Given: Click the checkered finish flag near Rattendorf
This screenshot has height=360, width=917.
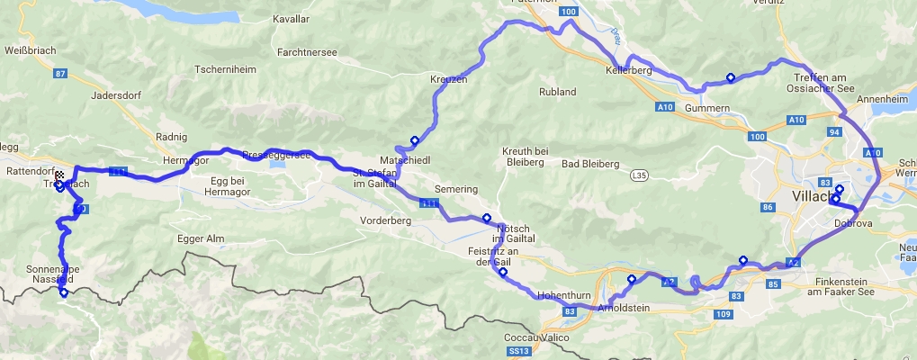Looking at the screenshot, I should (59, 175).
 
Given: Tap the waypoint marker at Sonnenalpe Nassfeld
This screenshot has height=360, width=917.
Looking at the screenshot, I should (63, 292).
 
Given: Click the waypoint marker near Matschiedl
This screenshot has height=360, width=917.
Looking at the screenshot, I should (415, 140).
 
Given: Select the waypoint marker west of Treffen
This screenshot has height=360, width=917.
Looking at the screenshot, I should (730, 77).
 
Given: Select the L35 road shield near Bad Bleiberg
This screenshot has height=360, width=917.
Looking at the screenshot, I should (639, 174).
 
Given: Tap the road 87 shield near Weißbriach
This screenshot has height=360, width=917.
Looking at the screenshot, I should (61, 74).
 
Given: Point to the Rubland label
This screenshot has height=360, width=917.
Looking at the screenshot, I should (557, 92).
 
